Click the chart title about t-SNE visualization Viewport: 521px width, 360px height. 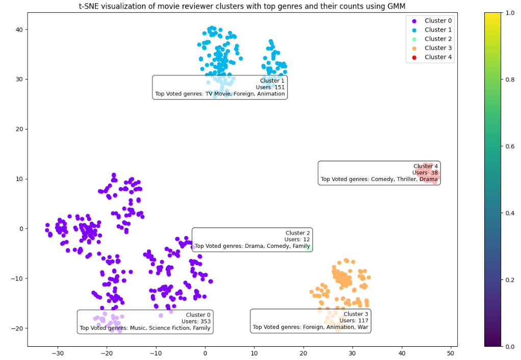coord(243,6)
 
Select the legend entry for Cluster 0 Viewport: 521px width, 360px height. coord(438,20)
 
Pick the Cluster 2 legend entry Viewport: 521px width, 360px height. coord(438,39)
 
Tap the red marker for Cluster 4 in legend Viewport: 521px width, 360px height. coord(413,57)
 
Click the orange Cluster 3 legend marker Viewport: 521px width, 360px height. coord(413,48)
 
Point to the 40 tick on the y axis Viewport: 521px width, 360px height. coord(19,30)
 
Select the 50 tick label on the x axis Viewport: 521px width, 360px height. coord(451,352)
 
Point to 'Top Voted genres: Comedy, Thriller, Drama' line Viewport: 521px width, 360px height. coord(379,179)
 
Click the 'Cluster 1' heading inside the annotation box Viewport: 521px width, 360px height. coord(272,81)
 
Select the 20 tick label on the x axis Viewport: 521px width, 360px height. coord(303,352)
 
